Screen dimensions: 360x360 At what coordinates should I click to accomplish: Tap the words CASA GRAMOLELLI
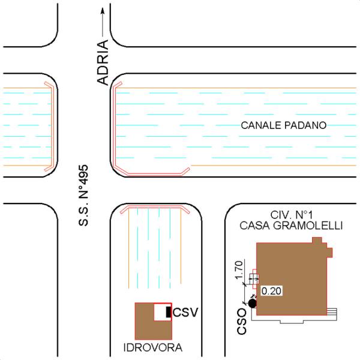290,226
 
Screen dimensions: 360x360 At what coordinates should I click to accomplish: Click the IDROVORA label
152,347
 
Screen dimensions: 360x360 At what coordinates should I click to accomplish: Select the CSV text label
185,312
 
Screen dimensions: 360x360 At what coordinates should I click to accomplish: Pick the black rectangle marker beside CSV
169,312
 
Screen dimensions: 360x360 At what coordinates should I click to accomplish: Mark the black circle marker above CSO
252,304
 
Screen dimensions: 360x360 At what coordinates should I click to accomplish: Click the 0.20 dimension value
271,291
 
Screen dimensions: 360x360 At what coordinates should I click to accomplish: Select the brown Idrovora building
144,327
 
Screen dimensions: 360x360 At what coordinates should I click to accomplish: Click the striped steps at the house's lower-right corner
334,313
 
